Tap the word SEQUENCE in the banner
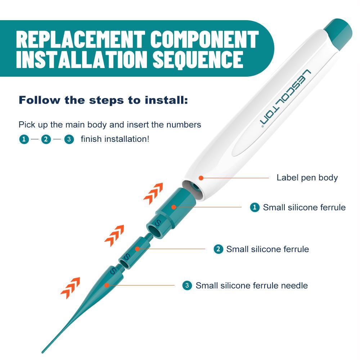pos(198,59)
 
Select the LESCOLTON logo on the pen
pos(285,98)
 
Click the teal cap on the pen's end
pos(338,34)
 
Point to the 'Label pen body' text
pos(307,177)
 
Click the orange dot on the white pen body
pos(201,178)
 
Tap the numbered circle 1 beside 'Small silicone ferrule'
pos(255,207)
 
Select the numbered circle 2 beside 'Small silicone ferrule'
pos(218,249)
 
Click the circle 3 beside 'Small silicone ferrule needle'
pos(187,285)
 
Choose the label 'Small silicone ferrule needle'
pos(252,285)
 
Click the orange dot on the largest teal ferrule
pos(174,207)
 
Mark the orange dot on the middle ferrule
pos(137,249)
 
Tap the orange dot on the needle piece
pos(107,285)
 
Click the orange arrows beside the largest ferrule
pos(153,194)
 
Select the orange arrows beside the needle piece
pos(70,288)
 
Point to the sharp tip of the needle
pos(42,352)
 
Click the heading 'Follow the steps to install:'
pos(103,100)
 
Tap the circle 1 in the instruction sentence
pos(24,139)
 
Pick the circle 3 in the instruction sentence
pos(69,139)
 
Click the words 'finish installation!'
pos(115,139)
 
